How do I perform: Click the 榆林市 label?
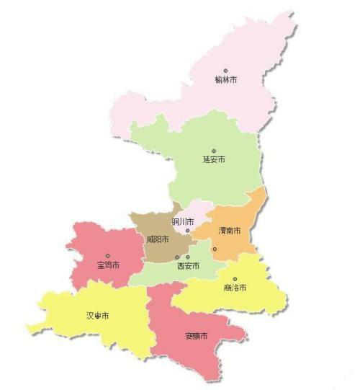(x=225, y=80)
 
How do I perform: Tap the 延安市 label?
(x=215, y=159)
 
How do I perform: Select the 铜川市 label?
(x=183, y=221)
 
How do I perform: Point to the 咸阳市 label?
(x=157, y=239)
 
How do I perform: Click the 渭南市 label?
(x=230, y=231)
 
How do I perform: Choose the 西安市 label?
(x=188, y=266)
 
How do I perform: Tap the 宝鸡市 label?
(x=108, y=265)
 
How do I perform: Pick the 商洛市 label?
(x=235, y=288)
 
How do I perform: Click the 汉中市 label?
(x=98, y=316)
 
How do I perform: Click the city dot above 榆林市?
(x=225, y=71)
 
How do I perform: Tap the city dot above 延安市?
(x=214, y=151)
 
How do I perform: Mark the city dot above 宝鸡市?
(x=108, y=256)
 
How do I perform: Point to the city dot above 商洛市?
(x=235, y=278)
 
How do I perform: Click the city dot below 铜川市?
(x=187, y=231)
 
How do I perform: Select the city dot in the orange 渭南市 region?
(x=215, y=249)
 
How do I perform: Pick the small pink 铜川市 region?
(x=194, y=213)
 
